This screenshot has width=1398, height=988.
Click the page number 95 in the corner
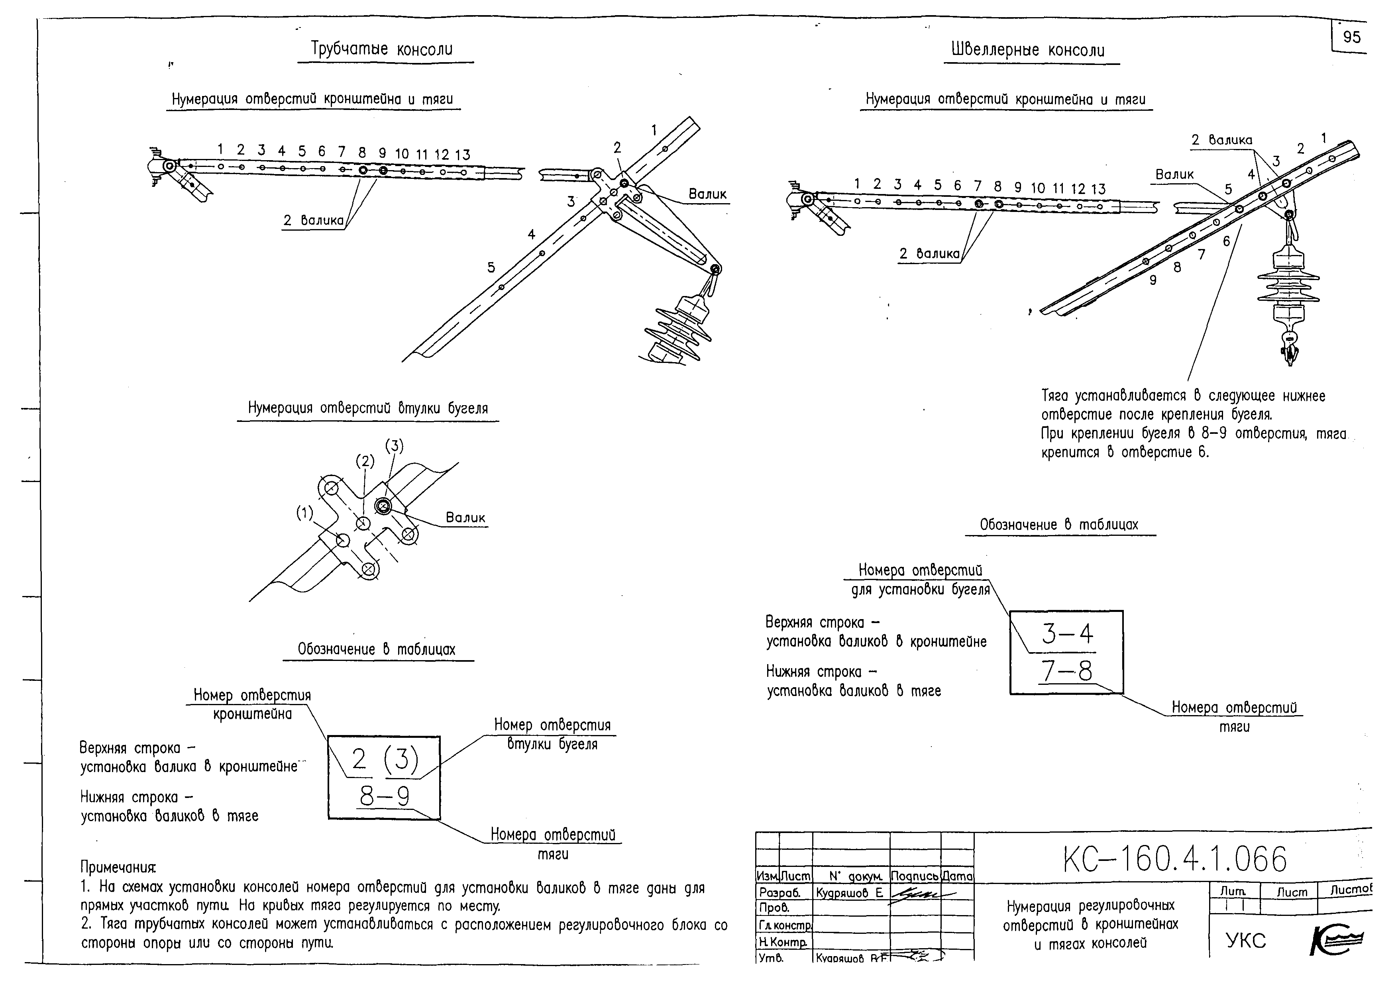click(x=1351, y=37)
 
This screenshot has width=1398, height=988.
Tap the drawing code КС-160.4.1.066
click(x=1175, y=860)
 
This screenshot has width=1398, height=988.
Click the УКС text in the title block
click(x=1246, y=941)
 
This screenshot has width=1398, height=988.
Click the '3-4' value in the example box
click(x=1067, y=634)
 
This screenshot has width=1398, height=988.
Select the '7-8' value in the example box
click(x=1067, y=671)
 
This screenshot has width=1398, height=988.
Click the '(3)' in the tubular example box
click(x=401, y=759)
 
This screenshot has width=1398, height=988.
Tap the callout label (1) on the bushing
click(x=305, y=513)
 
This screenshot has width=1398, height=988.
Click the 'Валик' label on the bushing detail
click(x=465, y=518)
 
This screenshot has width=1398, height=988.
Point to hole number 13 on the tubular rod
click(x=463, y=155)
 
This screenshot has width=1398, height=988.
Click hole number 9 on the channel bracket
click(x=1153, y=280)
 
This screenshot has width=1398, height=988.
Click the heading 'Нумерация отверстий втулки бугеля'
click(x=368, y=408)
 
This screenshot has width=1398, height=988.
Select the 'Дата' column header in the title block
click(x=957, y=876)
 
